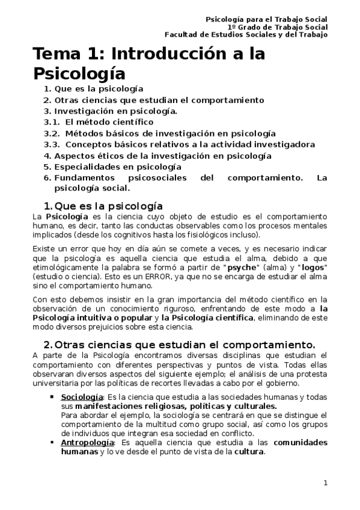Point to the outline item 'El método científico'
105,122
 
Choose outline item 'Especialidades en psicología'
118,167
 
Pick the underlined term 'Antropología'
87,443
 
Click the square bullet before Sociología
53,398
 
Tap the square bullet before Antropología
53,443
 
